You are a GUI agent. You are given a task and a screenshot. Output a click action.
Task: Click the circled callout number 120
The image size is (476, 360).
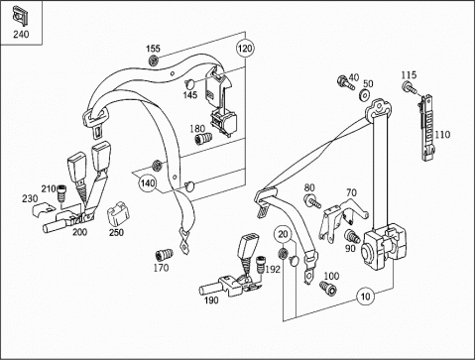tap(245, 49)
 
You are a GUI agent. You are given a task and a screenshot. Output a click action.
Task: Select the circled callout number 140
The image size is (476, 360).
tap(147, 182)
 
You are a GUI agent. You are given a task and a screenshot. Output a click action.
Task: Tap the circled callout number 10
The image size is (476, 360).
tap(365, 297)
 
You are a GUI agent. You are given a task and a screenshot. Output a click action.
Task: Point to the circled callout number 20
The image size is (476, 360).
tap(283, 234)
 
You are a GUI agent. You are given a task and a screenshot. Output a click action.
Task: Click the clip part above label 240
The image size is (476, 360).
tap(20, 17)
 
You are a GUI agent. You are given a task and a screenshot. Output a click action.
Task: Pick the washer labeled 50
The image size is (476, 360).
tap(365, 95)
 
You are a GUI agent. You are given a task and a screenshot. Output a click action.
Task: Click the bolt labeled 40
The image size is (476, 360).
tap(345, 83)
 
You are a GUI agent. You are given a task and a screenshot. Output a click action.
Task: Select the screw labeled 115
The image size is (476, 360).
tap(410, 87)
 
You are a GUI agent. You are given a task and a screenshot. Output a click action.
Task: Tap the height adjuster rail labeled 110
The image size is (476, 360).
tap(427, 127)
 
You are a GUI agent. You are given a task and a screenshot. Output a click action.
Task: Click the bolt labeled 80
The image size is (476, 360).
tap(312, 201)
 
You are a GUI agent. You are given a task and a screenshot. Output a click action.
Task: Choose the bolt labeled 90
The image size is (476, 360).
tap(352, 236)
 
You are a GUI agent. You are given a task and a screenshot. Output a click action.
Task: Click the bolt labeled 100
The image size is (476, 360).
tap(328, 288)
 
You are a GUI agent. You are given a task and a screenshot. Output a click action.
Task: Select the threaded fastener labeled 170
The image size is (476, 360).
tap(164, 255)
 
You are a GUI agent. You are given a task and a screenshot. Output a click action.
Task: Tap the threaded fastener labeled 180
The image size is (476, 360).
tap(203, 139)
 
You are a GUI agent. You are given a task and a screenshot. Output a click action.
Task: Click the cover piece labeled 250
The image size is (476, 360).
tap(118, 214)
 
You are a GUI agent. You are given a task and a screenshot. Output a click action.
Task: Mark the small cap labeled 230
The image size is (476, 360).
tap(43, 209)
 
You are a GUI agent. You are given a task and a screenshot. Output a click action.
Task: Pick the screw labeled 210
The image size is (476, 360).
tap(60, 192)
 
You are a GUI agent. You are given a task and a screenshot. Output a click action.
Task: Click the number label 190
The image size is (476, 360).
tap(211, 300)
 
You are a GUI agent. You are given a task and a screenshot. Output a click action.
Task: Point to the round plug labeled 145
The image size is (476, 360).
tap(189, 83)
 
